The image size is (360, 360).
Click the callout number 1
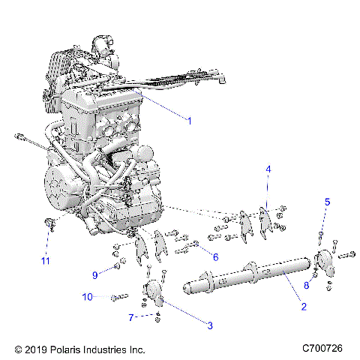[x=190, y=119]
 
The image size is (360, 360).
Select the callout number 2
[x=303, y=306]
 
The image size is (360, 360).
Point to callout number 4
[x=267, y=170]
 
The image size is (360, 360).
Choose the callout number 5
[x=326, y=201]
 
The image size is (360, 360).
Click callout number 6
[x=215, y=256]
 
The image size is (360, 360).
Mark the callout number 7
[x=130, y=317]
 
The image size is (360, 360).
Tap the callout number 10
[x=88, y=298]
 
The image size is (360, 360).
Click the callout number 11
[x=45, y=260]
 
